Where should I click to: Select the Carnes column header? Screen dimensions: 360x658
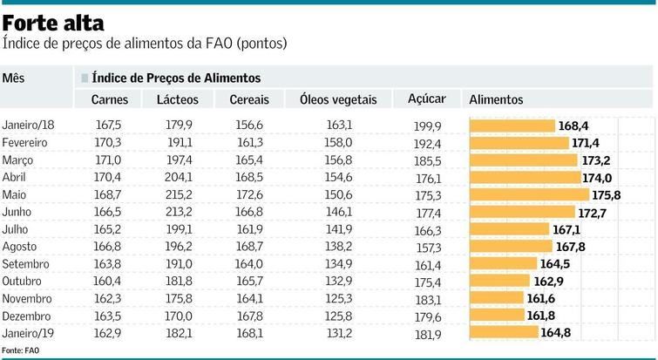(110, 100)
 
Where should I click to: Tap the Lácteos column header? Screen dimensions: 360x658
(177, 100)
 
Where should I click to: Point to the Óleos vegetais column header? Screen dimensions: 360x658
(338, 100)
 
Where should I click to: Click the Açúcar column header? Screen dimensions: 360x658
(427, 99)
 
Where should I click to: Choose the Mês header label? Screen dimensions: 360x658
(13, 78)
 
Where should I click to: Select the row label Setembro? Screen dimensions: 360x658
(26, 264)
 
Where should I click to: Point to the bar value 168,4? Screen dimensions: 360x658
(573, 126)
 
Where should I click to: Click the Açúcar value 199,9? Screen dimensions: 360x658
(427, 126)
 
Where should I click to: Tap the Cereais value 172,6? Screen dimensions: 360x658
(249, 194)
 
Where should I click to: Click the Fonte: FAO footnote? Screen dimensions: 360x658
(21, 350)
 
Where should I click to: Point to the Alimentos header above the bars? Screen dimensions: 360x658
(497, 100)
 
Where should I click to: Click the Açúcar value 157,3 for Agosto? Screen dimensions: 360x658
(427, 248)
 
